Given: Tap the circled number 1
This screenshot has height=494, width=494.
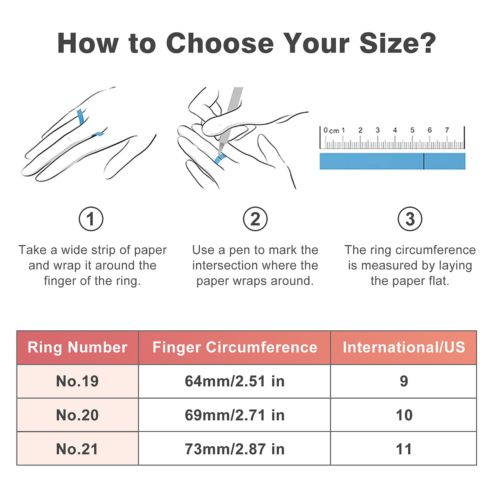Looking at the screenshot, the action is [x=91, y=219].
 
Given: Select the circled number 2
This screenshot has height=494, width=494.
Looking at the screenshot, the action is [x=255, y=219].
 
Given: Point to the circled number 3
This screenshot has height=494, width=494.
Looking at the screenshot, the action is [x=410, y=219].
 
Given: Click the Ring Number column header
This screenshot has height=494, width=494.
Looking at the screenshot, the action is [x=78, y=347].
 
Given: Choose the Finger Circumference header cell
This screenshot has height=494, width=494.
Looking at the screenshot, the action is [x=235, y=347].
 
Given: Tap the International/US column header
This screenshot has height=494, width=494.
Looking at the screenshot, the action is [x=404, y=347].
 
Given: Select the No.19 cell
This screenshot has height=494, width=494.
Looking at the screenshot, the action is [x=78, y=381].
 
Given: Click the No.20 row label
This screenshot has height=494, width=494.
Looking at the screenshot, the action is [x=78, y=415].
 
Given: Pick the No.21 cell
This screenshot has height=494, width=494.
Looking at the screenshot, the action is [x=78, y=449].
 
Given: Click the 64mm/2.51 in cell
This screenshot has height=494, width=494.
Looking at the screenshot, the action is [x=235, y=381].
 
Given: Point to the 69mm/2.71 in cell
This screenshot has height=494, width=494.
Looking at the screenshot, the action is [x=235, y=415].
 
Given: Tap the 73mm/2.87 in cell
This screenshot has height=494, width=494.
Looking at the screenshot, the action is [x=235, y=449].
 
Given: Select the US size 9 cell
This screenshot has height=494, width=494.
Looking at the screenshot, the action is [x=404, y=381].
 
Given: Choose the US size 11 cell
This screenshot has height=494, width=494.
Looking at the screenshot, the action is [x=404, y=449].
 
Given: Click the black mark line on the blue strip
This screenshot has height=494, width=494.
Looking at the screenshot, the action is [x=424, y=161].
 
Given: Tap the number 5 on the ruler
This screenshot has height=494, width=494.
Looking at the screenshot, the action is [x=412, y=130].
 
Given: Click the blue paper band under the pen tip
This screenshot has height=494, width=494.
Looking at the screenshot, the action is [x=220, y=159].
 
